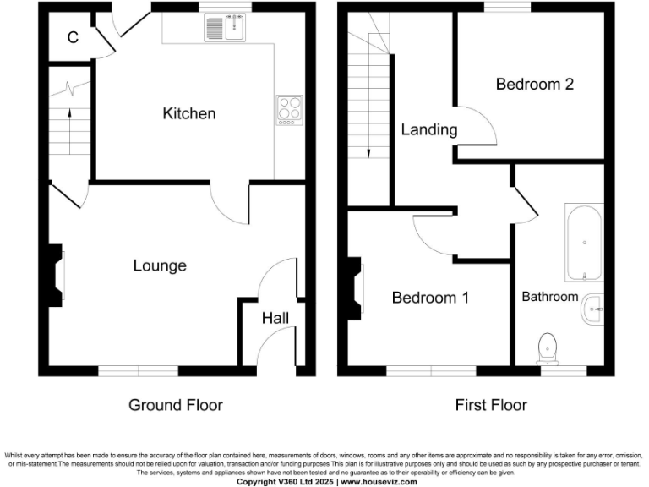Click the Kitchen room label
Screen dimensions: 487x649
click(189, 113)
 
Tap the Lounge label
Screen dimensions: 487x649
click(160, 265)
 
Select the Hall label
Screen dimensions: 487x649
click(275, 319)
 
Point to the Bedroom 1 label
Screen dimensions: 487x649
click(430, 298)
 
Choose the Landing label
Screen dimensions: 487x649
click(429, 129)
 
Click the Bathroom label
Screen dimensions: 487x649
click(549, 297)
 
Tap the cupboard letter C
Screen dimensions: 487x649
click(73, 37)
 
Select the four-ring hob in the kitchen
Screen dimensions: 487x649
click(289, 110)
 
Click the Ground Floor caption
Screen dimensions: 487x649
click(176, 405)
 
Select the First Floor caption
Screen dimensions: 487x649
click(491, 405)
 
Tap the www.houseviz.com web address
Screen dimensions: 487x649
click(379, 481)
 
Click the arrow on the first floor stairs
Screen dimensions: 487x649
click(369, 144)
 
